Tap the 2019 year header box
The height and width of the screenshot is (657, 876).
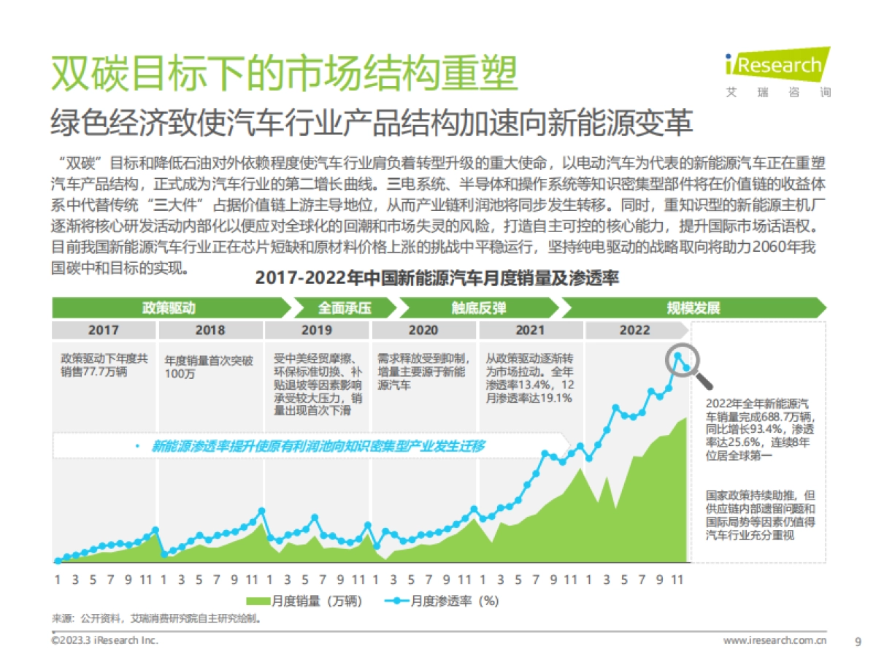316,330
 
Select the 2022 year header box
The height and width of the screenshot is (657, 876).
634,330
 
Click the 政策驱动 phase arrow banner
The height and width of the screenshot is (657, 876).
169,307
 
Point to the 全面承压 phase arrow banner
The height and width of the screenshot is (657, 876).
344,307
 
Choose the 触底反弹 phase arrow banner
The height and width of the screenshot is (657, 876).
478,307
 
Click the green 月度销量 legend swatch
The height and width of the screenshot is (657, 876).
258,602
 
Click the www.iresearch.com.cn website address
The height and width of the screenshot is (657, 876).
775,640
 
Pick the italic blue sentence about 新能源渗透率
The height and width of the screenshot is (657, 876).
317,446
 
